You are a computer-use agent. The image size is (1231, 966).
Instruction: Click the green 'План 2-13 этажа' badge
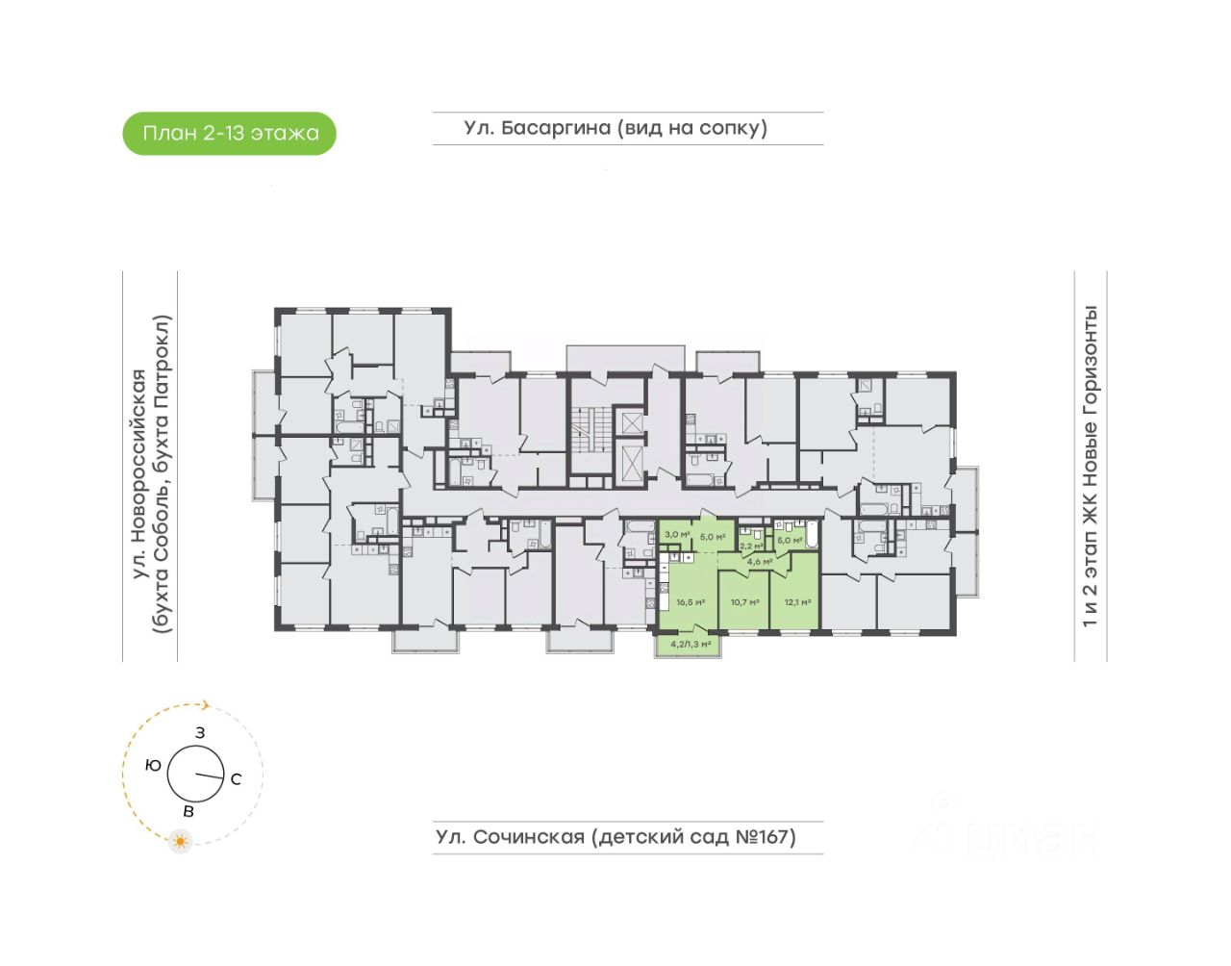230,134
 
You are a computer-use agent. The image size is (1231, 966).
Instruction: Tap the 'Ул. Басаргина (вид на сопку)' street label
615,128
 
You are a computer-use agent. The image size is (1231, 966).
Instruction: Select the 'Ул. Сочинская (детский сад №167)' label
615,836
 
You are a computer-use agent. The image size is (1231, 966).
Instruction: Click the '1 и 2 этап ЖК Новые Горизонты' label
1090,467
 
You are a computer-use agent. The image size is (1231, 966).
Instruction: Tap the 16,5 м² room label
691,602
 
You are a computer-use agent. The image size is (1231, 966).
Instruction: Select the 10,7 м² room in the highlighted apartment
744,602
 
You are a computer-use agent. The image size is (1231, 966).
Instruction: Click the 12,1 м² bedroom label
797,602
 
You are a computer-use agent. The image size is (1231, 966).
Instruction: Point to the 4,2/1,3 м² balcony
691,644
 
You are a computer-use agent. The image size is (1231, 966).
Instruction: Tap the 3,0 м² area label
677,534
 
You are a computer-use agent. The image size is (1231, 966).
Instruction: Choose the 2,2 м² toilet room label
751,546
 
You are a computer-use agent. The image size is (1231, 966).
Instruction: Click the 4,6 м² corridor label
760,561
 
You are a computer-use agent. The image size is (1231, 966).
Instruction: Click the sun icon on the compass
179,842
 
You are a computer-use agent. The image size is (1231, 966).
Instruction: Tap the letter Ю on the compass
153,766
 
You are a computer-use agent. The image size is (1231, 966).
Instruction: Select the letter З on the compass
200,733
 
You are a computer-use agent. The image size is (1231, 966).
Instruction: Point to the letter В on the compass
188,812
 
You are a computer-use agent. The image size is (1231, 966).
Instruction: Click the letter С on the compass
237,779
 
